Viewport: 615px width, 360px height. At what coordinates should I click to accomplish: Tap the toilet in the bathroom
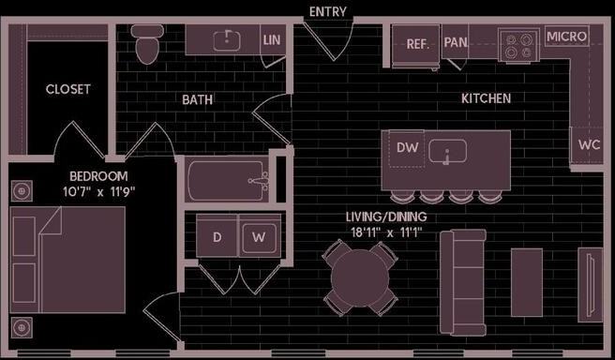(147, 44)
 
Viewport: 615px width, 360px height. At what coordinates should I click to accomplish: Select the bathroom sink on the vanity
(226, 40)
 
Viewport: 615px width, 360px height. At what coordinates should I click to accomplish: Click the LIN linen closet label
(272, 40)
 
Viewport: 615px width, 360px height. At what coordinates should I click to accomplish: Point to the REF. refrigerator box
(417, 43)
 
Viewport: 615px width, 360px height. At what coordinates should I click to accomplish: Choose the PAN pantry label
(456, 42)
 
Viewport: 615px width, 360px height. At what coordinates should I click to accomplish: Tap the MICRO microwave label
(566, 37)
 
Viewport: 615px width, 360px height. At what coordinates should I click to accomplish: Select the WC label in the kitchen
(589, 145)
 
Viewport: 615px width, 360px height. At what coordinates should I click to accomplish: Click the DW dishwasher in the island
(407, 148)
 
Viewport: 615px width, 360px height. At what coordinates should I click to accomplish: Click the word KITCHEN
(486, 98)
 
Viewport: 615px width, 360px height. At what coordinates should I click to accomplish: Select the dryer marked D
(217, 237)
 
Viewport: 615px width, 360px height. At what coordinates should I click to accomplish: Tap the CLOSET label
(68, 90)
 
